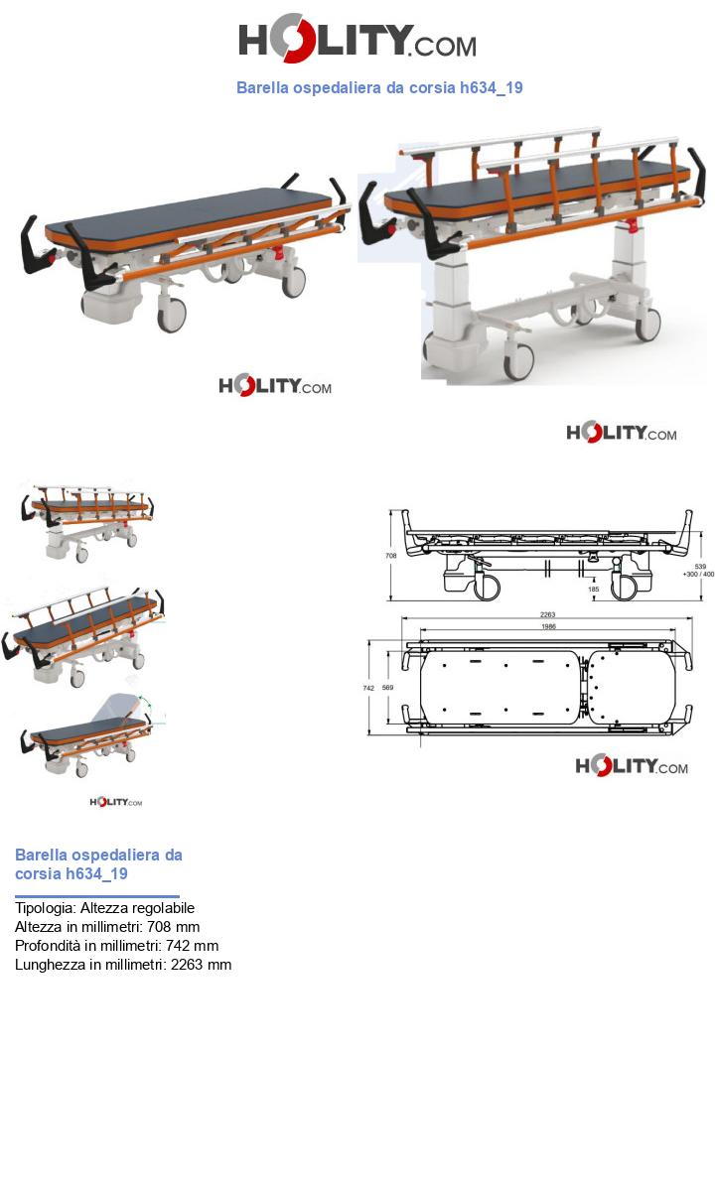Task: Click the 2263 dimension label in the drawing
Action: click(x=547, y=614)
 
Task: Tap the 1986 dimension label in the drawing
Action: click(x=548, y=626)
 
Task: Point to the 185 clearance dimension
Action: click(x=593, y=589)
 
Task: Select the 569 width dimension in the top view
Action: click(x=387, y=687)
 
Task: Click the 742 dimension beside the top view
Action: click(x=368, y=688)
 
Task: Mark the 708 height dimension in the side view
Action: click(x=391, y=556)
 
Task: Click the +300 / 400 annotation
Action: click(x=698, y=575)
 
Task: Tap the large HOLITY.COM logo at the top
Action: click(x=357, y=39)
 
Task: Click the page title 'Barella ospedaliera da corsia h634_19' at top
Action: click(x=380, y=87)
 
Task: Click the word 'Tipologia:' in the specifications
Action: click(x=46, y=908)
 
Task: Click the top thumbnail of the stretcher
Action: click(x=85, y=520)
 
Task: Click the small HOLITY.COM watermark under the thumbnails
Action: click(x=116, y=802)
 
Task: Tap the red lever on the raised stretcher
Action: click(x=632, y=225)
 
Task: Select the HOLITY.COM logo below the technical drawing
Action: click(x=632, y=766)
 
